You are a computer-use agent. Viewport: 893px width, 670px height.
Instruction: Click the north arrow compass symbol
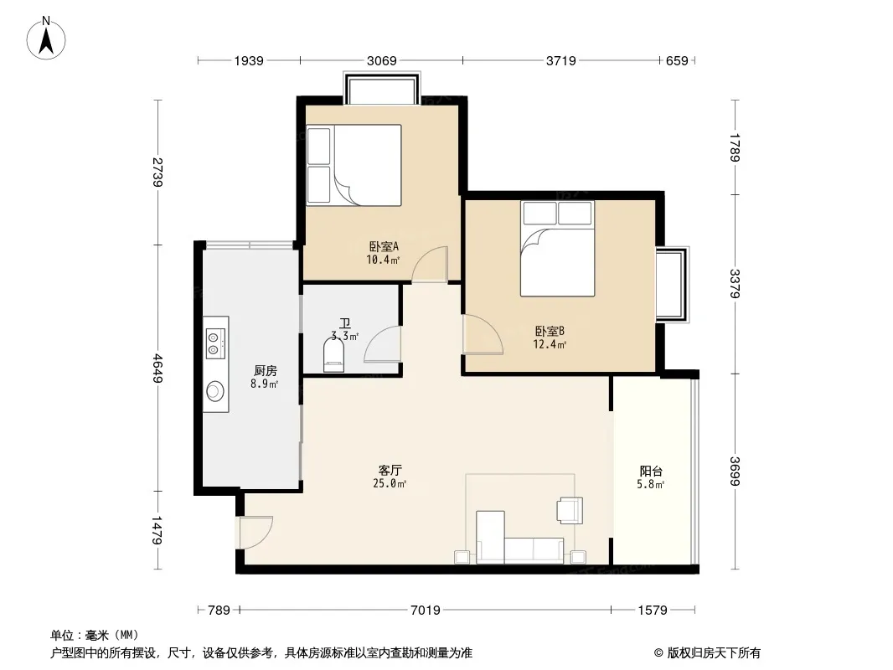tap(46, 39)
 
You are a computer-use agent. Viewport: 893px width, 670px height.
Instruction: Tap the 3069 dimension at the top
tap(381, 60)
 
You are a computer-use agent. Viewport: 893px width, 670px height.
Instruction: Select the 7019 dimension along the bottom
tap(426, 611)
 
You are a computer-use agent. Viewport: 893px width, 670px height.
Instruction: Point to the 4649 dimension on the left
tap(157, 368)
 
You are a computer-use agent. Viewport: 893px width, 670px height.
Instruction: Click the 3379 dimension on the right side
tap(736, 283)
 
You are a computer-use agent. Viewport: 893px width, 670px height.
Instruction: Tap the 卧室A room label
tap(384, 246)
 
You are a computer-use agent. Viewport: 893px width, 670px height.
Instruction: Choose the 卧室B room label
tap(550, 331)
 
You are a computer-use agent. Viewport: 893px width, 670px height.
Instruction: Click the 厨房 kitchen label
tap(266, 370)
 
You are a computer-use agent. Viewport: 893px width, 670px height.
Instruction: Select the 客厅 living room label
tap(390, 470)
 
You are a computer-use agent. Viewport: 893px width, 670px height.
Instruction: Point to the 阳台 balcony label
tap(651, 471)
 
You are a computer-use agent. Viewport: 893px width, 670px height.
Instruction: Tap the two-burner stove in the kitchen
tap(215, 343)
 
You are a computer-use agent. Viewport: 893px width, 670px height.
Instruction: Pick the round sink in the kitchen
tap(214, 391)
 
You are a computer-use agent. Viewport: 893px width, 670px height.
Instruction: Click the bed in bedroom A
tap(354, 165)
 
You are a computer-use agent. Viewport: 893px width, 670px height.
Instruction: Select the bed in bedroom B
tap(558, 249)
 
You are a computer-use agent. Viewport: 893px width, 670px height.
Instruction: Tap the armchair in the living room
tap(570, 509)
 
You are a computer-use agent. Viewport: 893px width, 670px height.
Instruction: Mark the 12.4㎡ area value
tap(550, 344)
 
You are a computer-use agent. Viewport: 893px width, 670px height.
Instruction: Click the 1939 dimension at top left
tap(249, 60)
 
